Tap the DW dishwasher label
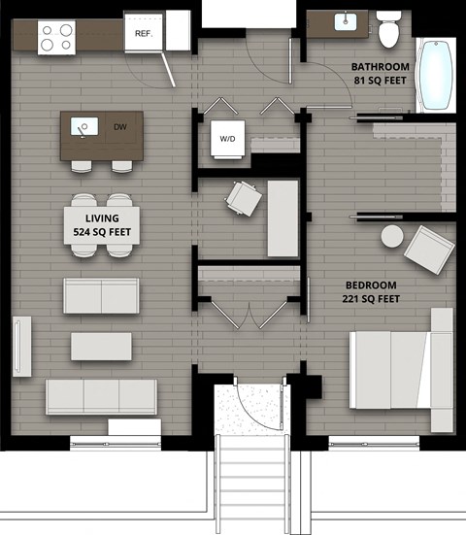pos(119,127)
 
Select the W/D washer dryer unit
pos(228,139)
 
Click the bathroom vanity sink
pos(346,20)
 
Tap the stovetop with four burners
pos(56,37)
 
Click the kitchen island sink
pos(82,126)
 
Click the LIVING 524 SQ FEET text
pos(103,225)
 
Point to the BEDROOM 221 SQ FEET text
pos(373,291)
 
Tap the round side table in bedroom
pos(392,236)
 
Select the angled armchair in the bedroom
pos(428,249)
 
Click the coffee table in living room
pos(101,347)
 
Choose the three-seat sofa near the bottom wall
pos(101,396)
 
